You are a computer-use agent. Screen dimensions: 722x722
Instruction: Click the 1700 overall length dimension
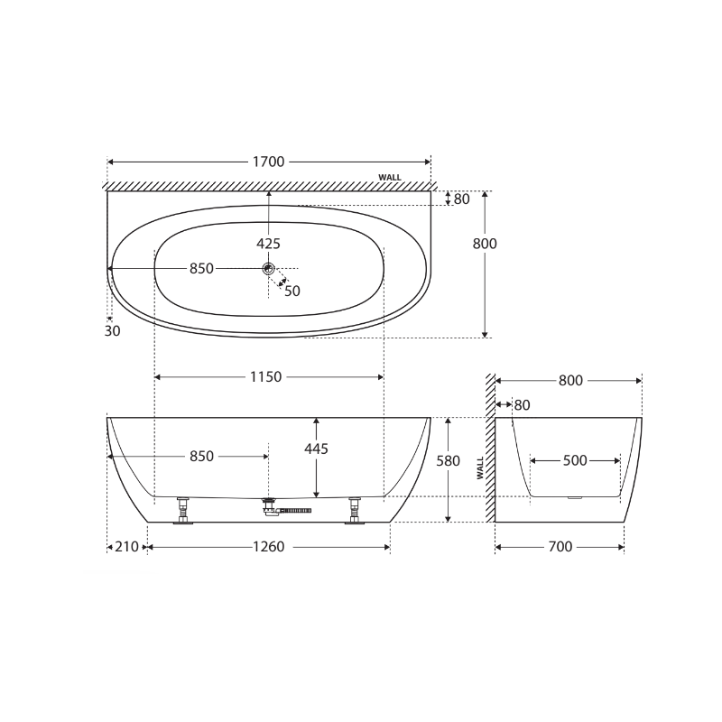(x=268, y=162)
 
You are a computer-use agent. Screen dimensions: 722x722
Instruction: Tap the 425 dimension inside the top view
(x=268, y=243)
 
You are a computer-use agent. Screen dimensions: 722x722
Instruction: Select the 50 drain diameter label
(x=292, y=291)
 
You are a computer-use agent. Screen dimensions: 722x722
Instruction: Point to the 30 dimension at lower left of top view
(x=112, y=330)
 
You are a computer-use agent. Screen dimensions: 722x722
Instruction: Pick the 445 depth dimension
(x=316, y=449)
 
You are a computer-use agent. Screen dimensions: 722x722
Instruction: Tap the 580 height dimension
(x=449, y=461)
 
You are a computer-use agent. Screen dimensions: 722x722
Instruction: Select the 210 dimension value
(x=127, y=547)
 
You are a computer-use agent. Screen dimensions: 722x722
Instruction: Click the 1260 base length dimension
(x=268, y=547)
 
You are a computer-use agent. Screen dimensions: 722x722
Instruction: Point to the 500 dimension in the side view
(x=575, y=461)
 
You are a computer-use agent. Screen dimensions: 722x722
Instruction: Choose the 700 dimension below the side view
(x=560, y=547)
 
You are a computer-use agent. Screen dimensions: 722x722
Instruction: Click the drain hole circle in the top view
(x=268, y=268)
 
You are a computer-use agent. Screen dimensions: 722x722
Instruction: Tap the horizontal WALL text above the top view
(x=390, y=178)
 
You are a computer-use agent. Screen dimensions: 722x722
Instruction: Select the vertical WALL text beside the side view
(x=480, y=467)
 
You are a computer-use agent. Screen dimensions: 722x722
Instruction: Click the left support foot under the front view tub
(x=184, y=512)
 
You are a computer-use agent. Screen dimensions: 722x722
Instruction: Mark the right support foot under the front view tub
(x=354, y=512)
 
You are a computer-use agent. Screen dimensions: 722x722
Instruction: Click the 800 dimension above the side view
(x=570, y=381)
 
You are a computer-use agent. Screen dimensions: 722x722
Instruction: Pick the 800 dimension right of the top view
(x=486, y=244)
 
